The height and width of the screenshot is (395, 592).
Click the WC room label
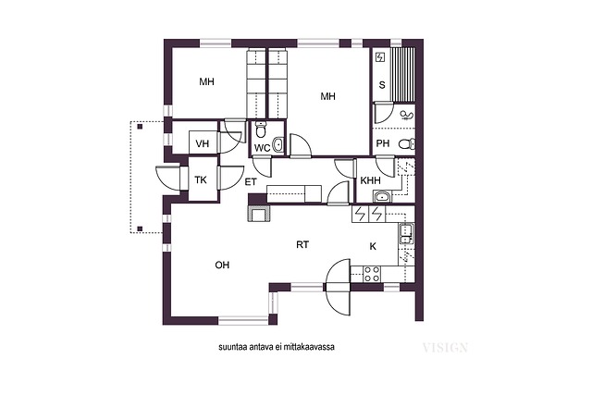point(262,148)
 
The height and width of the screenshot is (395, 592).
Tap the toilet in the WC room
point(261,130)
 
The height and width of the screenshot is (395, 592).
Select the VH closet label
point(203,144)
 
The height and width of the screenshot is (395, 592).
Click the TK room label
point(201,180)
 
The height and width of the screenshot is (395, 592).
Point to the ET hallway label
point(251,182)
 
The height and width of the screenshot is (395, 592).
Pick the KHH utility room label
point(370,180)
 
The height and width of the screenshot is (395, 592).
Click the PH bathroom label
point(383,143)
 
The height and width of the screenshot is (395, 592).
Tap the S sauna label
point(382,85)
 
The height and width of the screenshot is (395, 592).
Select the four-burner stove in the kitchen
point(372,274)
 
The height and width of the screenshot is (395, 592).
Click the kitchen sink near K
point(406,234)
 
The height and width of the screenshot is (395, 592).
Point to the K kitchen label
point(373,247)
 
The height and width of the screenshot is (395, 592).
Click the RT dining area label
point(302,245)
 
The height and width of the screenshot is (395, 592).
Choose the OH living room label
point(222,265)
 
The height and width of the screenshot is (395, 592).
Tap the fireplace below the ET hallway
point(259,214)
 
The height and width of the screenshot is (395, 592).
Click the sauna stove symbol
point(380,57)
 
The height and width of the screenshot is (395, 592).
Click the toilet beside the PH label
point(407,144)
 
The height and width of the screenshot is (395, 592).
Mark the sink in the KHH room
point(383,196)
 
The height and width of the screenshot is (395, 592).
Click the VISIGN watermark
point(445,348)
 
